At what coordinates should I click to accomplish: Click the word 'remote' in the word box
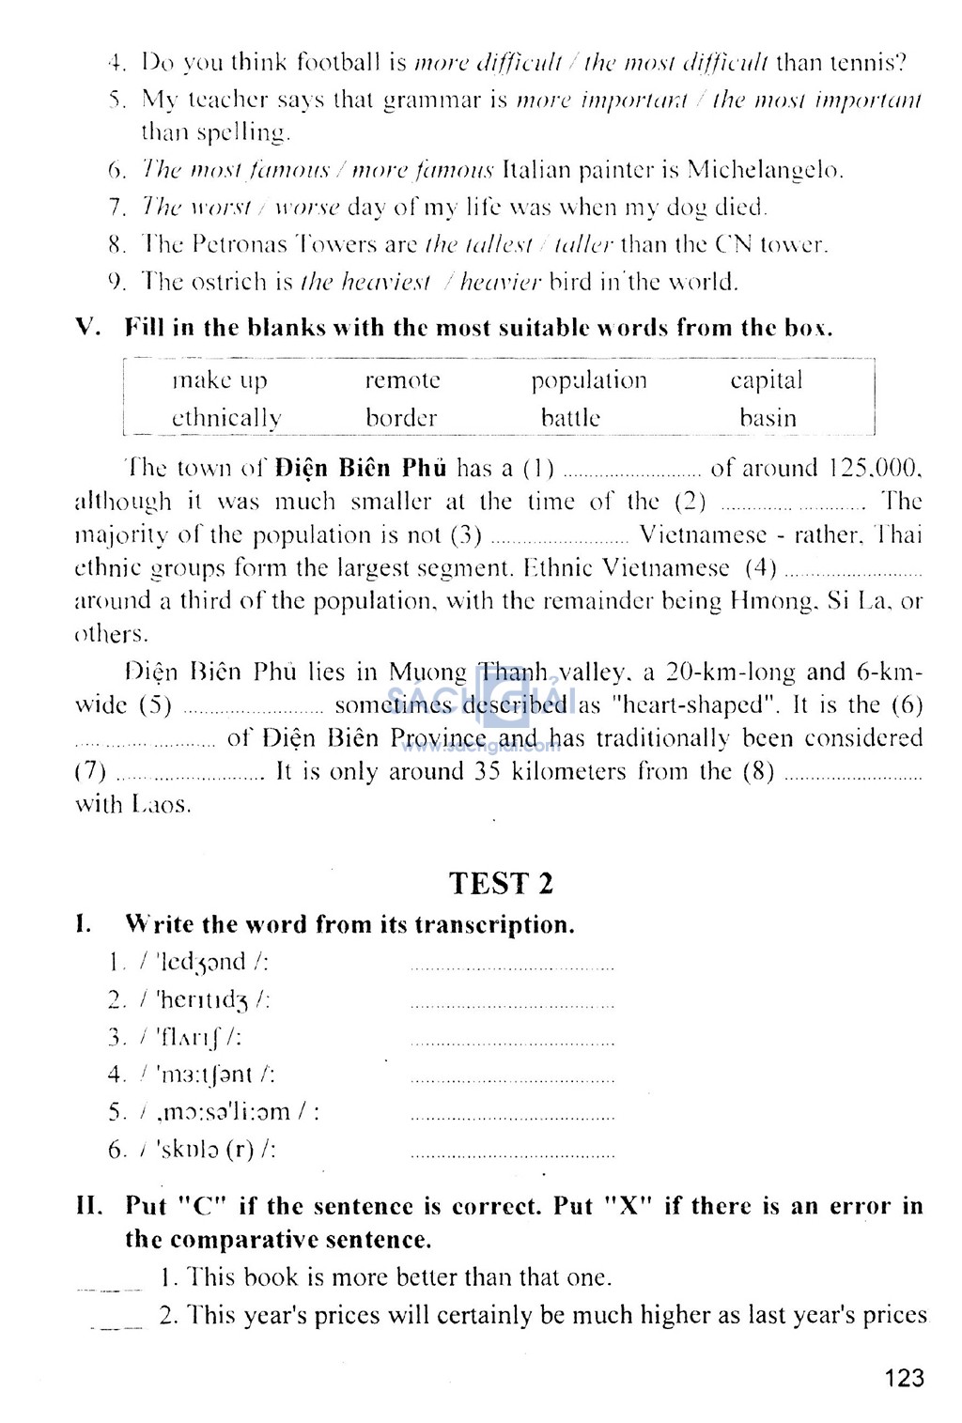pyautogui.click(x=402, y=380)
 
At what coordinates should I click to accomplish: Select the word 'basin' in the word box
pyautogui.click(x=768, y=418)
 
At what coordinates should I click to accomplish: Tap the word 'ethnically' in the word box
pyautogui.click(x=226, y=419)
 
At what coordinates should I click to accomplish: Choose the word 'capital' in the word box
pyautogui.click(x=767, y=380)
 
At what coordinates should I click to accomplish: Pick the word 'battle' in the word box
pyautogui.click(x=570, y=418)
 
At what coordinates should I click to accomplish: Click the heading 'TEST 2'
pyautogui.click(x=501, y=884)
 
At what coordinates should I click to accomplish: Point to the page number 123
pyautogui.click(x=904, y=1378)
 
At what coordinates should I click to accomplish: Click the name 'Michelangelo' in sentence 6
pyautogui.click(x=765, y=170)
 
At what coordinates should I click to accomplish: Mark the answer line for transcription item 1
pyautogui.click(x=513, y=967)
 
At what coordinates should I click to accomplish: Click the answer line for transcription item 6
pyautogui.click(x=513, y=1154)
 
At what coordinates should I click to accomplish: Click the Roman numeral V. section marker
pyautogui.click(x=87, y=328)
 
